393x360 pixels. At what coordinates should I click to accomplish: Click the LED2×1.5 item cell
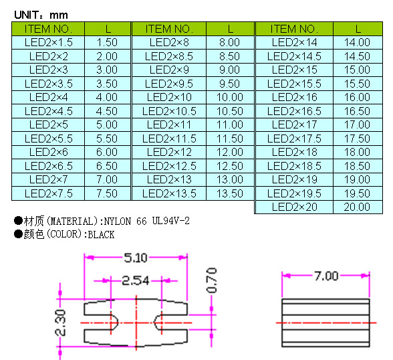point(49,42)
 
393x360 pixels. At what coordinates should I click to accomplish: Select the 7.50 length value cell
point(107,193)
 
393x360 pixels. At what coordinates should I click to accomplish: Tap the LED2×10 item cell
point(169,97)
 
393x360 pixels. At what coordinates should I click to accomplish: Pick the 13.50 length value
point(230,193)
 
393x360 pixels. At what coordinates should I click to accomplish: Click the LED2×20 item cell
point(295,207)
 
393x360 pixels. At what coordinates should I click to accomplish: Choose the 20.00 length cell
point(357,207)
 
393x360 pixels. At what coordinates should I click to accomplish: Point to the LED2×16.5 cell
point(294,111)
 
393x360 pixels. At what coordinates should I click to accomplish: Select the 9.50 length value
point(230,84)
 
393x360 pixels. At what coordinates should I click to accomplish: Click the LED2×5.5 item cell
point(49,139)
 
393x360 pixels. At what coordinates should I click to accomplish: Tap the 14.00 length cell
point(357,42)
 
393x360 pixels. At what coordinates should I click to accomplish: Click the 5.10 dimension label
point(136,258)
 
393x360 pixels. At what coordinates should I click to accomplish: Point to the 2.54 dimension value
point(135,281)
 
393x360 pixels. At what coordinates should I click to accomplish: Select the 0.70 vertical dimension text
point(211,280)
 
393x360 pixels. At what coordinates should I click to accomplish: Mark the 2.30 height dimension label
point(60,323)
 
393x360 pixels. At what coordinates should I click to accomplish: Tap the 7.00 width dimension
point(326,276)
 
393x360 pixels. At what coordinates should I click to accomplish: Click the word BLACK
point(101,235)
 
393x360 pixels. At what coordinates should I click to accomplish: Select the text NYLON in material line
point(118,221)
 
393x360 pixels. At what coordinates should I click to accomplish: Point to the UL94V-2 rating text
point(171,221)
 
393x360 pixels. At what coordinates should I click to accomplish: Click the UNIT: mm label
point(41,15)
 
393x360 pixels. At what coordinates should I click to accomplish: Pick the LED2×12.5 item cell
point(169,166)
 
